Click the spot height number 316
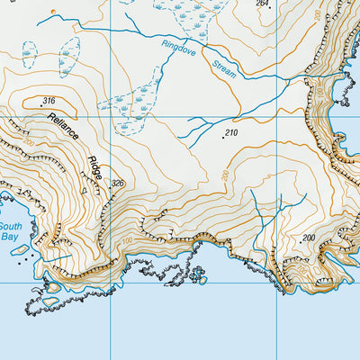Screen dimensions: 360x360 49,101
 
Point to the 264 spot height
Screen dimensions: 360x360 262,4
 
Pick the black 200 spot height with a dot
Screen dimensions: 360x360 309,238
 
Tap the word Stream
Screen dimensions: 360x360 225,67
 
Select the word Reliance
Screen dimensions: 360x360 64,128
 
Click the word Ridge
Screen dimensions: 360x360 96,168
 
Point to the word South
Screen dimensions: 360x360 9,227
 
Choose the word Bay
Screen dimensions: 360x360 9,238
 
